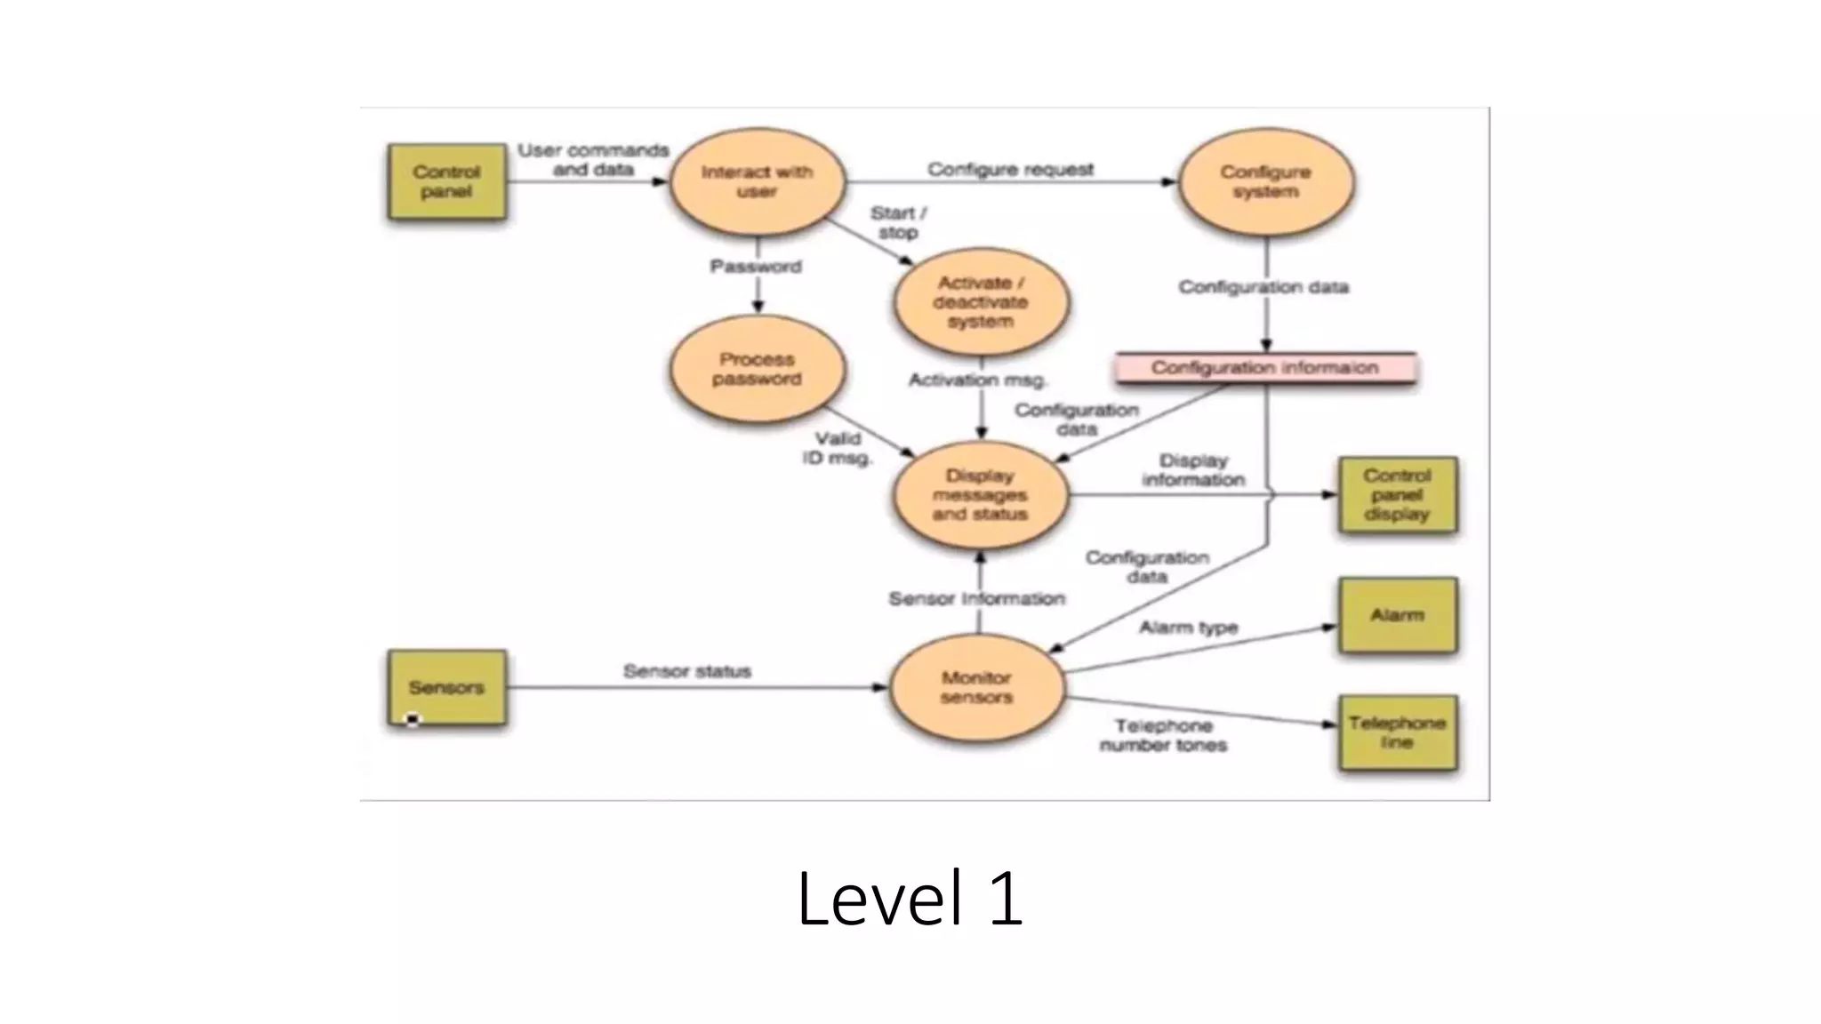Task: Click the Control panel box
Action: (446, 181)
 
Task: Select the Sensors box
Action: (446, 687)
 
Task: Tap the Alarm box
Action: (1397, 615)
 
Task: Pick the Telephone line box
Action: (1397, 732)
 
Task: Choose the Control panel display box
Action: (1397, 495)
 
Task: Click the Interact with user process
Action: (757, 181)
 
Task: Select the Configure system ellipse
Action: (1265, 181)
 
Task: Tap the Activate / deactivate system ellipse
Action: (981, 302)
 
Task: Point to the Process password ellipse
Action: (757, 369)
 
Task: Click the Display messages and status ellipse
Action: (980, 495)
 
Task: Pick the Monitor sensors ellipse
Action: (976, 687)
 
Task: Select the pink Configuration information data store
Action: (1264, 367)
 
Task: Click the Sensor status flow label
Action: (687, 671)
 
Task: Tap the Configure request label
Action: (1010, 169)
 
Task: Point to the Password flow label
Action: (756, 267)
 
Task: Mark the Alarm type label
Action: (1189, 628)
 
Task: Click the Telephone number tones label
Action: (1163, 735)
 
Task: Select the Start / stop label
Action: (898, 222)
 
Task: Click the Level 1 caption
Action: (910, 899)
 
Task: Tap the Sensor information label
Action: (976, 599)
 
